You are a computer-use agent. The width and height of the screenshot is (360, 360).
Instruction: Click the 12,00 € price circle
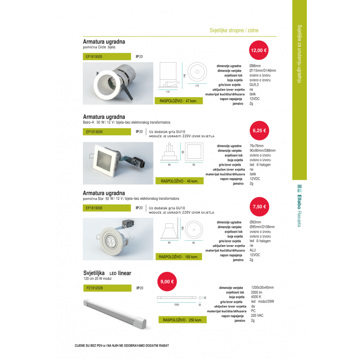click(x=259, y=50)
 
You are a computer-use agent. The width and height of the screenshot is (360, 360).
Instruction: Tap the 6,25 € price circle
click(x=259, y=130)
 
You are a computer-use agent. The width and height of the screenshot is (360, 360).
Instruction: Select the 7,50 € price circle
click(x=259, y=207)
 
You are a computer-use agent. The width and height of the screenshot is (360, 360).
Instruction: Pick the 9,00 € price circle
click(x=167, y=282)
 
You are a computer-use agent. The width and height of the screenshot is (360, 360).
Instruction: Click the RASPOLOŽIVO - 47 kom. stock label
click(x=178, y=101)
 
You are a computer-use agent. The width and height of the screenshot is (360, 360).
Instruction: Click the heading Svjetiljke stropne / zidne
click(x=234, y=31)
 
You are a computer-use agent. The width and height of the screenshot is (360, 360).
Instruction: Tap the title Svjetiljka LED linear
click(x=107, y=273)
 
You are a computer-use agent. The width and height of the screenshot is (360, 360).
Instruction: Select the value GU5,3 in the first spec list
click(x=254, y=85)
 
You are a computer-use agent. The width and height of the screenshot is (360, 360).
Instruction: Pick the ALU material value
click(x=253, y=250)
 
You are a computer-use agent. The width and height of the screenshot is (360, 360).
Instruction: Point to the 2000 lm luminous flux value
click(x=257, y=292)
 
